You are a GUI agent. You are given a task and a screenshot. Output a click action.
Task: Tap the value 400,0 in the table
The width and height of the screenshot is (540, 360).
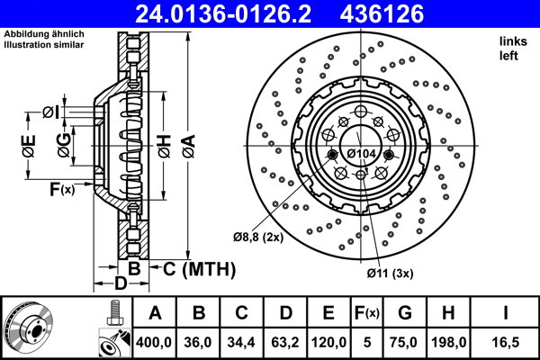click(x=155, y=340)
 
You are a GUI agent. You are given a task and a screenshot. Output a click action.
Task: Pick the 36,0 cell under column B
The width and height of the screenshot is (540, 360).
click(x=198, y=340)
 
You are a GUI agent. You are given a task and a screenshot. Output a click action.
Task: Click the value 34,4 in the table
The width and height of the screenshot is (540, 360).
click(x=241, y=340)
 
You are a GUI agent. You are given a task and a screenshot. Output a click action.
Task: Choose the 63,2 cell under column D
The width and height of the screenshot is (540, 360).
click(x=284, y=340)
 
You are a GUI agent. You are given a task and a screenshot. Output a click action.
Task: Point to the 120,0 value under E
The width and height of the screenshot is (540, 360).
click(x=328, y=340)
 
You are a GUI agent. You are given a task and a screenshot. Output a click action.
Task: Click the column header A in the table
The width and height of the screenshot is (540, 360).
click(x=155, y=313)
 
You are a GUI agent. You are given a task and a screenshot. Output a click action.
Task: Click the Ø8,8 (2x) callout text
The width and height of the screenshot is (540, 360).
click(x=258, y=238)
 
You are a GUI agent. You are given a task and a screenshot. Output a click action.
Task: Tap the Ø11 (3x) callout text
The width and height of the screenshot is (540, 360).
click(x=389, y=272)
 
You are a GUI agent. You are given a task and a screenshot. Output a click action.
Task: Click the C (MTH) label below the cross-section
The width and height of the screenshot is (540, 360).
click(x=199, y=268)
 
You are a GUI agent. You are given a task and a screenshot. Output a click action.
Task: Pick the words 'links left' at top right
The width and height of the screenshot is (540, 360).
click(x=509, y=49)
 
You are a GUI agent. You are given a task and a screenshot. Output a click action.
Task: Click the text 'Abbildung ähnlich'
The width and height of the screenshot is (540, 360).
click(x=42, y=34)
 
